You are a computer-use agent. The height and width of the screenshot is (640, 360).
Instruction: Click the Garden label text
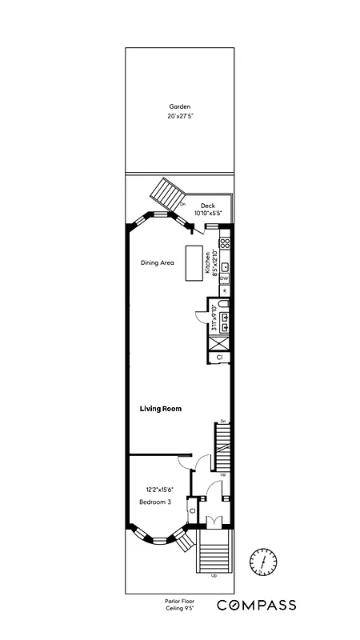pyautogui.click(x=180, y=106)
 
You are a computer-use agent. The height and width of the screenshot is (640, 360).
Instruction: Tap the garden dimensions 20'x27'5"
pyautogui.click(x=180, y=117)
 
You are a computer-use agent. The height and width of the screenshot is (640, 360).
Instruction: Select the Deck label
pyautogui.click(x=208, y=206)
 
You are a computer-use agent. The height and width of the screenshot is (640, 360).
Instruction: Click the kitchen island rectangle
pyautogui.click(x=195, y=263)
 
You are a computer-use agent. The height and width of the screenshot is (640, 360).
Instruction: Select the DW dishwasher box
pyautogui.click(x=225, y=278)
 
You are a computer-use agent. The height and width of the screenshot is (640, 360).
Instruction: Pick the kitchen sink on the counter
pyautogui.click(x=226, y=266)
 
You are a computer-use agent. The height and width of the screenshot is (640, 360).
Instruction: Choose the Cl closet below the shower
pyautogui.click(x=220, y=358)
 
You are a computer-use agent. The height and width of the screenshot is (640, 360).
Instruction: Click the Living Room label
pyautogui.click(x=161, y=409)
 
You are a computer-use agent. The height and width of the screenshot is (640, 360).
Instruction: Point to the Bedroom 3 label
pyautogui.click(x=155, y=502)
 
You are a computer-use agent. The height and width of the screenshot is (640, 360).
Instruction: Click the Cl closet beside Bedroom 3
pyautogui.click(x=192, y=510)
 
